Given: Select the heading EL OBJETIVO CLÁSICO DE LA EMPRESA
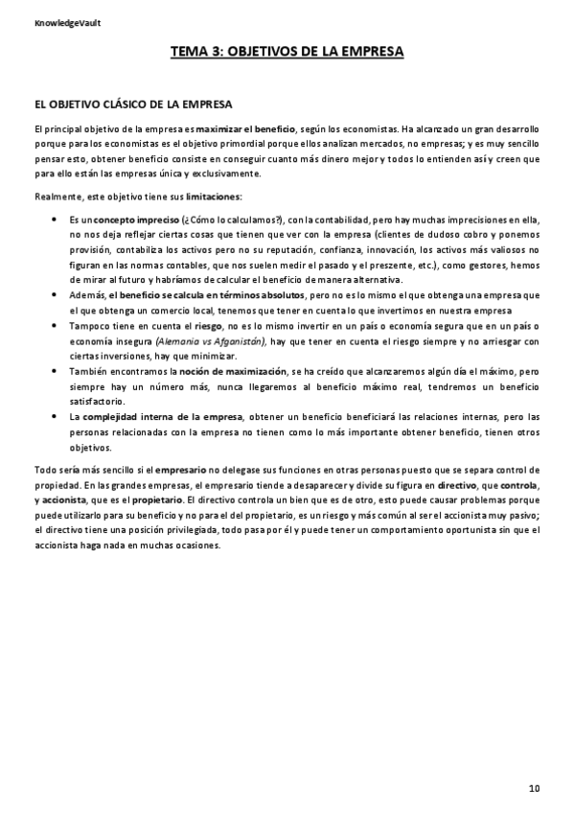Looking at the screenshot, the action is point(132,103).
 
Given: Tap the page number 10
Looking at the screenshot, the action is point(534,787).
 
